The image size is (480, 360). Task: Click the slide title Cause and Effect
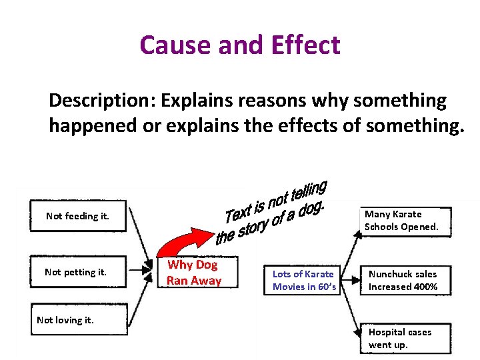[x=240, y=45]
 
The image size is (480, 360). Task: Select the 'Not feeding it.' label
[x=77, y=216]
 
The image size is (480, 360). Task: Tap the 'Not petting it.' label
[x=75, y=272]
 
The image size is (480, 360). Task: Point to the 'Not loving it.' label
[x=65, y=320]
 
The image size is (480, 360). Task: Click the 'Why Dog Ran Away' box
[x=193, y=273]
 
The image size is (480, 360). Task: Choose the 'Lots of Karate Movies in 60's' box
[x=304, y=281]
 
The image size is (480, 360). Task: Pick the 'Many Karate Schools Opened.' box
[x=405, y=221]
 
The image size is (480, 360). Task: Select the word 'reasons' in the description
[x=264, y=101]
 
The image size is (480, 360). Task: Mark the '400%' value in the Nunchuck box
[x=425, y=287]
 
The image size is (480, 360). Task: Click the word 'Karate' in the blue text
[x=319, y=274]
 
